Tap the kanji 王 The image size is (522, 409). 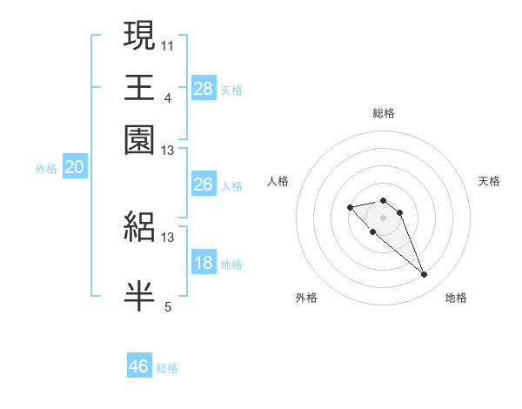pos(139,88)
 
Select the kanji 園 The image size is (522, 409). pos(139,140)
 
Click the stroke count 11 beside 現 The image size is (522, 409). pos(168,44)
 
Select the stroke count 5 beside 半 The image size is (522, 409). pos(168,305)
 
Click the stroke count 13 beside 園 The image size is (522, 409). pos(168,151)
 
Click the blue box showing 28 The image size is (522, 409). pos(203,89)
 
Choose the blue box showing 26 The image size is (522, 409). pos(203,184)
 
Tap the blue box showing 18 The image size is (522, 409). pos(203,264)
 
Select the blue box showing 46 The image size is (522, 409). pos(139,366)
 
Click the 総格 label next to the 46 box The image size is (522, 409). pos(167,368)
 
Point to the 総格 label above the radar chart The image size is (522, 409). pos(383,113)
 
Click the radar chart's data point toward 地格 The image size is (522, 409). pos(424,275)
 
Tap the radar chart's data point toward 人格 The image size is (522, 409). pos(350,207)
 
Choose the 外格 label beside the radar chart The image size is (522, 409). pos(306,298)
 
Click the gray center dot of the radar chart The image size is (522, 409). pos(383,218)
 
